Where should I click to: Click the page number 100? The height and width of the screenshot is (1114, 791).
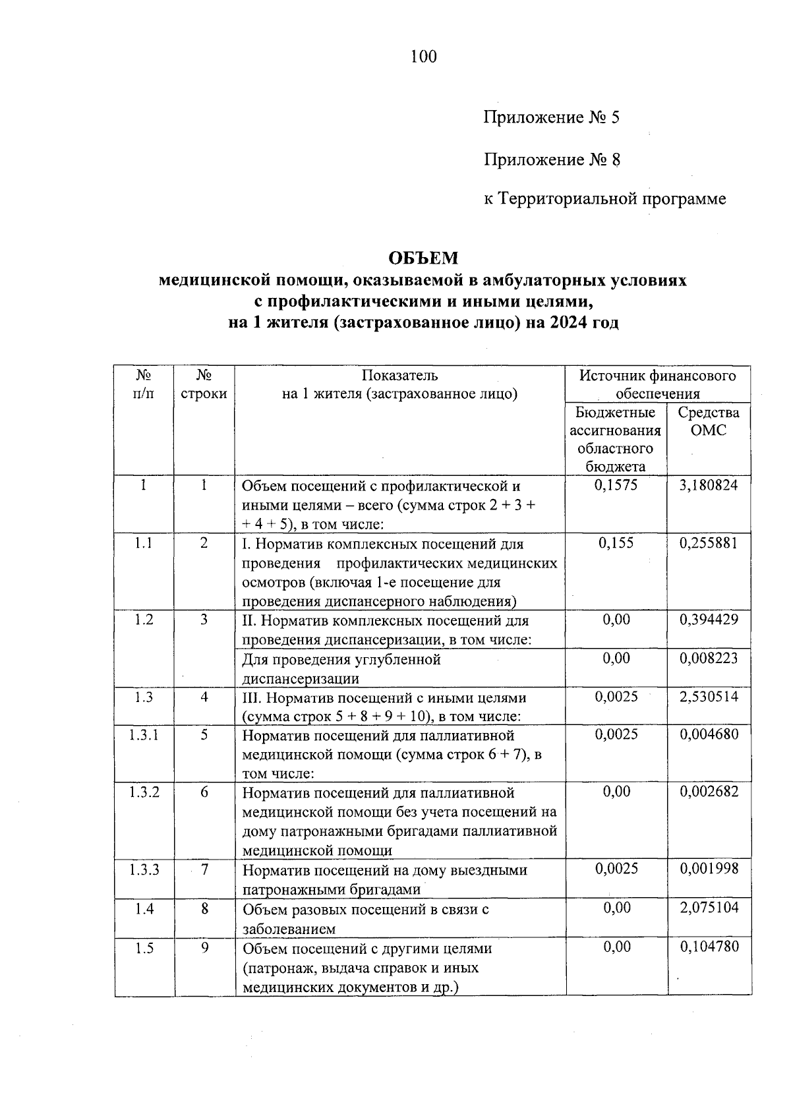click(x=423, y=57)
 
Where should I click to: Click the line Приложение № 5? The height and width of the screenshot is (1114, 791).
click(x=551, y=118)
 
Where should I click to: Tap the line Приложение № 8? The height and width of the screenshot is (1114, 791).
click(x=551, y=160)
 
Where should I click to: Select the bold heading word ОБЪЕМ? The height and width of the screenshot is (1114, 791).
click(x=423, y=258)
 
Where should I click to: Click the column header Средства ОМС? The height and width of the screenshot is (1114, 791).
click(x=709, y=422)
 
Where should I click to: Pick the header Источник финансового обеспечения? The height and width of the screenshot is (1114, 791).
click(x=657, y=385)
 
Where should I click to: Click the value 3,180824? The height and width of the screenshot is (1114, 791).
click(x=709, y=486)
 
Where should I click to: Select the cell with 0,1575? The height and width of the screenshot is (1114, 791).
click(x=616, y=486)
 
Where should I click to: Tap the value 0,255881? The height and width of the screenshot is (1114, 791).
click(x=709, y=544)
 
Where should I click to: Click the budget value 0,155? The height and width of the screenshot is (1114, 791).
click(x=616, y=544)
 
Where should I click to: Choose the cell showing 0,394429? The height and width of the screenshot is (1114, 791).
click(x=709, y=620)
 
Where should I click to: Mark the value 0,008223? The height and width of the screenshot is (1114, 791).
click(x=709, y=659)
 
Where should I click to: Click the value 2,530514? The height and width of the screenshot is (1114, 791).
click(x=709, y=697)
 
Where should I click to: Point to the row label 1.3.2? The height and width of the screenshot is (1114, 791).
click(x=144, y=792)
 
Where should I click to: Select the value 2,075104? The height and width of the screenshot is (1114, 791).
click(x=709, y=908)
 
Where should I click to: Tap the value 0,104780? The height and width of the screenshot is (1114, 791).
click(x=709, y=947)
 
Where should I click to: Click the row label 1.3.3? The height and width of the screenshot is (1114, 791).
click(x=144, y=870)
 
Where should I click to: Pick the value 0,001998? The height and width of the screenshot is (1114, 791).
click(x=709, y=869)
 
